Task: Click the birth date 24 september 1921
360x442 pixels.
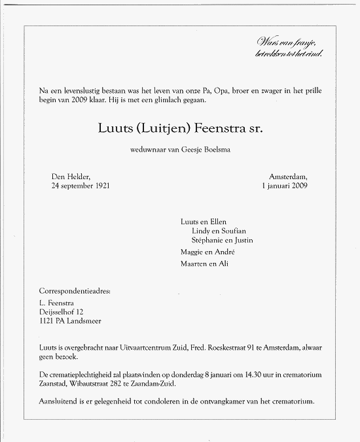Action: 81,185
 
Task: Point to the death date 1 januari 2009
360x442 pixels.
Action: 283,185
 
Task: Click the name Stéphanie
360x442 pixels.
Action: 207,240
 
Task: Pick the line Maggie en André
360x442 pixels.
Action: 207,252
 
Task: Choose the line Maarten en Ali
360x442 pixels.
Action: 205,263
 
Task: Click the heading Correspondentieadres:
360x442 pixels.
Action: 75,292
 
